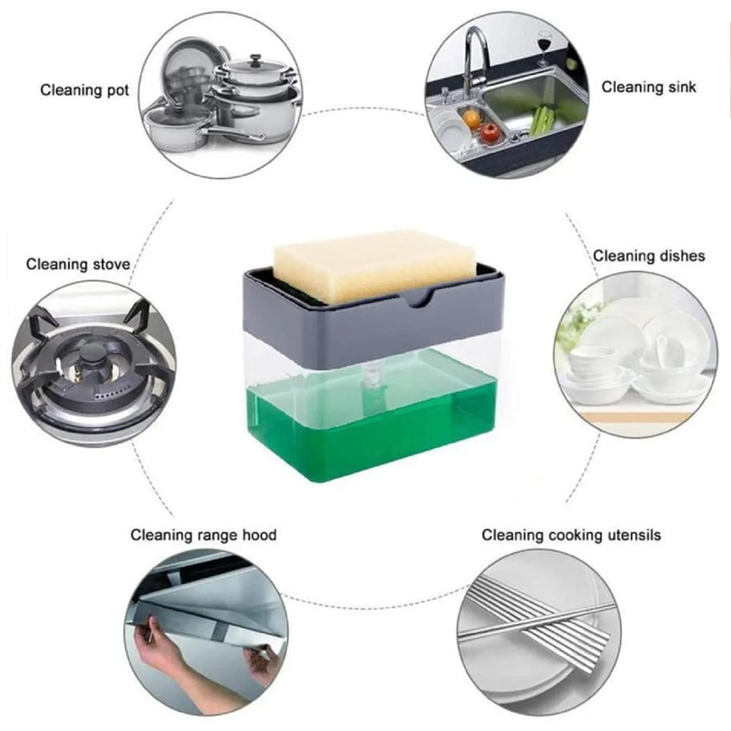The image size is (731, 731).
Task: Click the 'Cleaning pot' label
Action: (85, 91)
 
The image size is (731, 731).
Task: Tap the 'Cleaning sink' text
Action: (648, 87)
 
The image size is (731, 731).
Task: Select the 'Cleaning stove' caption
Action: (78, 265)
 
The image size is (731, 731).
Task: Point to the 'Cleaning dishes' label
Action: (649, 256)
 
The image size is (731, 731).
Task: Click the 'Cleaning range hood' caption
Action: (203, 535)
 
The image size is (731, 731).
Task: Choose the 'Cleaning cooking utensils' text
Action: (571, 535)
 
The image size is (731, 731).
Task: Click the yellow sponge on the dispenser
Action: (375, 266)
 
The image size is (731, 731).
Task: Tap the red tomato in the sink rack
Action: (489, 133)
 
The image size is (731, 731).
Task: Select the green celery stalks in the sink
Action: (540, 120)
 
